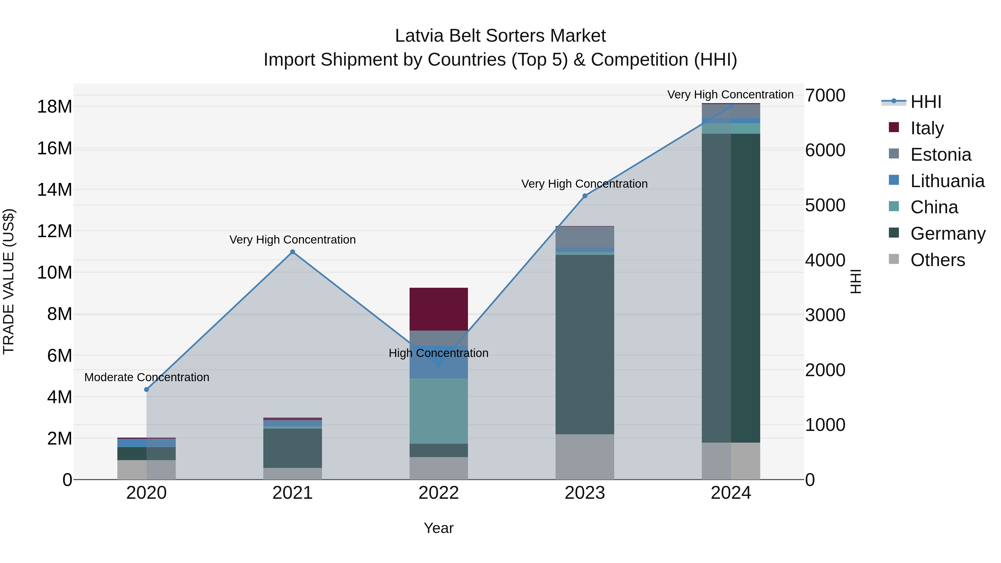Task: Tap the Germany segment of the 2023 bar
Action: (x=584, y=344)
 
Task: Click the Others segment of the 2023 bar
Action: (x=584, y=457)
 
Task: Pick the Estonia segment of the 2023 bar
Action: (x=584, y=237)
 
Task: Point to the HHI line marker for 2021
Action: (x=293, y=252)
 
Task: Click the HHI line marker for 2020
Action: (x=147, y=389)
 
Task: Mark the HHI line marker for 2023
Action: (x=584, y=196)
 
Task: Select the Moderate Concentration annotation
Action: (x=147, y=377)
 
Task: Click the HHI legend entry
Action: (x=926, y=102)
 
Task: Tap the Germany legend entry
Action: (x=947, y=234)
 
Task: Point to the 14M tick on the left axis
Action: (x=54, y=190)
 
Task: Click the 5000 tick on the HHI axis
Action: (x=825, y=205)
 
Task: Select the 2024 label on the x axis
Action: (x=730, y=493)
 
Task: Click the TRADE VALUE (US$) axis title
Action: (x=9, y=281)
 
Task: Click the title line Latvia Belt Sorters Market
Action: (x=500, y=36)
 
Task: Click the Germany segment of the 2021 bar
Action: (x=293, y=448)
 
